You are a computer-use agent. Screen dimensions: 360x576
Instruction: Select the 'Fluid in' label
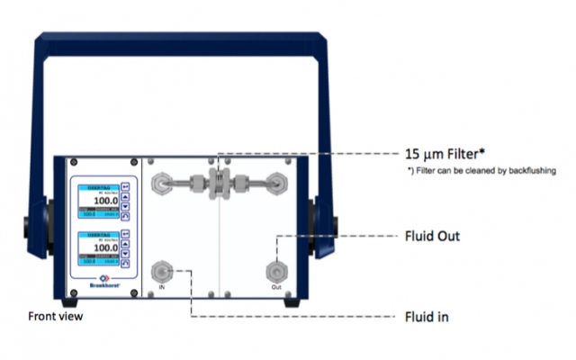pos(427,316)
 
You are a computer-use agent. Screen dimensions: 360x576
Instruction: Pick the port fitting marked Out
pos(275,271)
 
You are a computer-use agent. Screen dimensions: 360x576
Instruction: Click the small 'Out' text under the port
pos(275,288)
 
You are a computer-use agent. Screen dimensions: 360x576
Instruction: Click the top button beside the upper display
pos(125,188)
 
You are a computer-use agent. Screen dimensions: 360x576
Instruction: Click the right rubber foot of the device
pos(290,303)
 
